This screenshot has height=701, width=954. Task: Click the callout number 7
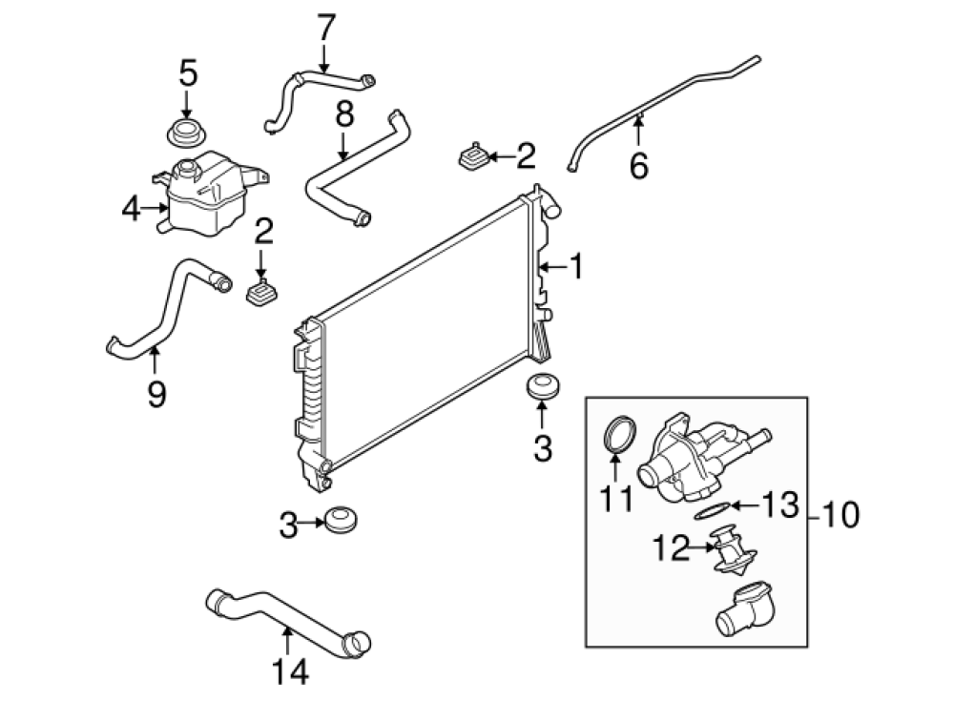pos(326,28)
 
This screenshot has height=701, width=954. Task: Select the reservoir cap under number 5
pos(185,133)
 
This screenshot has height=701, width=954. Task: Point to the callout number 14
pos(290,671)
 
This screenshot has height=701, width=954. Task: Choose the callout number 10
pos(840,514)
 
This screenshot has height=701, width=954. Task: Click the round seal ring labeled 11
pos(619,434)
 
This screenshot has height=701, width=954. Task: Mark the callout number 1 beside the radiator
pos(575,266)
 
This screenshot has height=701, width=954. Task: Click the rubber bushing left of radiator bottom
pos(341,519)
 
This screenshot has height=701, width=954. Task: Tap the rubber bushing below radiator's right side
pos(542,387)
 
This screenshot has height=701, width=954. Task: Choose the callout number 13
pos(780,505)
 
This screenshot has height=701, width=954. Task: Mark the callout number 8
pos(344,113)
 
